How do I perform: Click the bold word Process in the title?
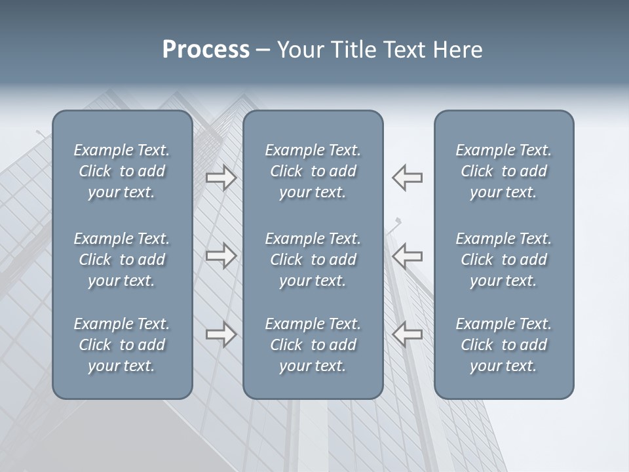point(206,50)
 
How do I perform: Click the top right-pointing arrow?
point(221,177)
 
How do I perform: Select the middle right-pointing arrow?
point(221,256)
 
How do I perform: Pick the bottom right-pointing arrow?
point(221,334)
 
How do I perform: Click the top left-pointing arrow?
point(408,177)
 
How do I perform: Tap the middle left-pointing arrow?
point(408,256)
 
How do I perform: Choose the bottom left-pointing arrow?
point(408,334)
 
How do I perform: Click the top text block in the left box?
point(122,171)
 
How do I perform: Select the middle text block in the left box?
point(122,260)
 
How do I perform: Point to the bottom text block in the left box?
point(122,345)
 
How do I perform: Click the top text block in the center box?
point(313,171)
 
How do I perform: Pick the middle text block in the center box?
point(313,260)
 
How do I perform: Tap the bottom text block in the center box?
point(313,345)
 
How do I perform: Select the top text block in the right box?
point(504,171)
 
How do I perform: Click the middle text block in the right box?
point(504,260)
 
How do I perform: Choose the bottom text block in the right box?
point(504,345)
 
